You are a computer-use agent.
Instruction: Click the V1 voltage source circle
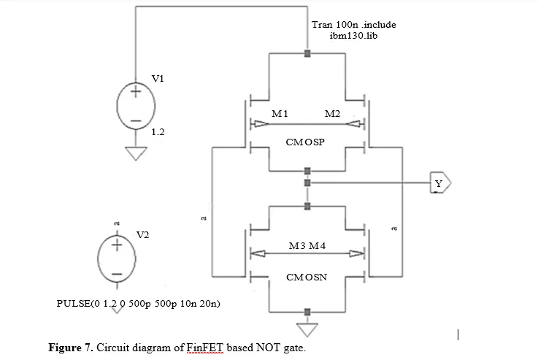[x=117, y=106]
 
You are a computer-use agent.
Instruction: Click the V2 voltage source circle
[x=98, y=258]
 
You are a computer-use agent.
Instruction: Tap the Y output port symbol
[x=441, y=183]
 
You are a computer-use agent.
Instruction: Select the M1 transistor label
[x=280, y=114]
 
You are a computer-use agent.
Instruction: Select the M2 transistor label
[x=332, y=114]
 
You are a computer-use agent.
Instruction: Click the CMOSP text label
[x=305, y=142]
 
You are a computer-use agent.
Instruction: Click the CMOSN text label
[x=307, y=277]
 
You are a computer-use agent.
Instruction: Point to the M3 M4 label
[x=307, y=245]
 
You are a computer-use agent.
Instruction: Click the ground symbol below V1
[x=136, y=153]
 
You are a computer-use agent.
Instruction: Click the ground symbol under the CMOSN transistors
[x=307, y=330]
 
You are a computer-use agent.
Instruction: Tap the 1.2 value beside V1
[x=158, y=131]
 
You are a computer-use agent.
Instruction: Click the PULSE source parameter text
[x=138, y=304]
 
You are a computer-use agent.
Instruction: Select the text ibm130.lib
[x=353, y=36]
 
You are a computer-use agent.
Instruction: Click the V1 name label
[x=158, y=79]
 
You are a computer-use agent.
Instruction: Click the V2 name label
[x=143, y=235]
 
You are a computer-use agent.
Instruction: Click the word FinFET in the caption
[x=205, y=348]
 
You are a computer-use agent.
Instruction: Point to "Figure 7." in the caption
[x=71, y=348]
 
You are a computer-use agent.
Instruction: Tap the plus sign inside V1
[x=136, y=91]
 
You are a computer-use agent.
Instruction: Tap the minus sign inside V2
[x=117, y=274]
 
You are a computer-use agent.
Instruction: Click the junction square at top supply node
[x=307, y=53]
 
